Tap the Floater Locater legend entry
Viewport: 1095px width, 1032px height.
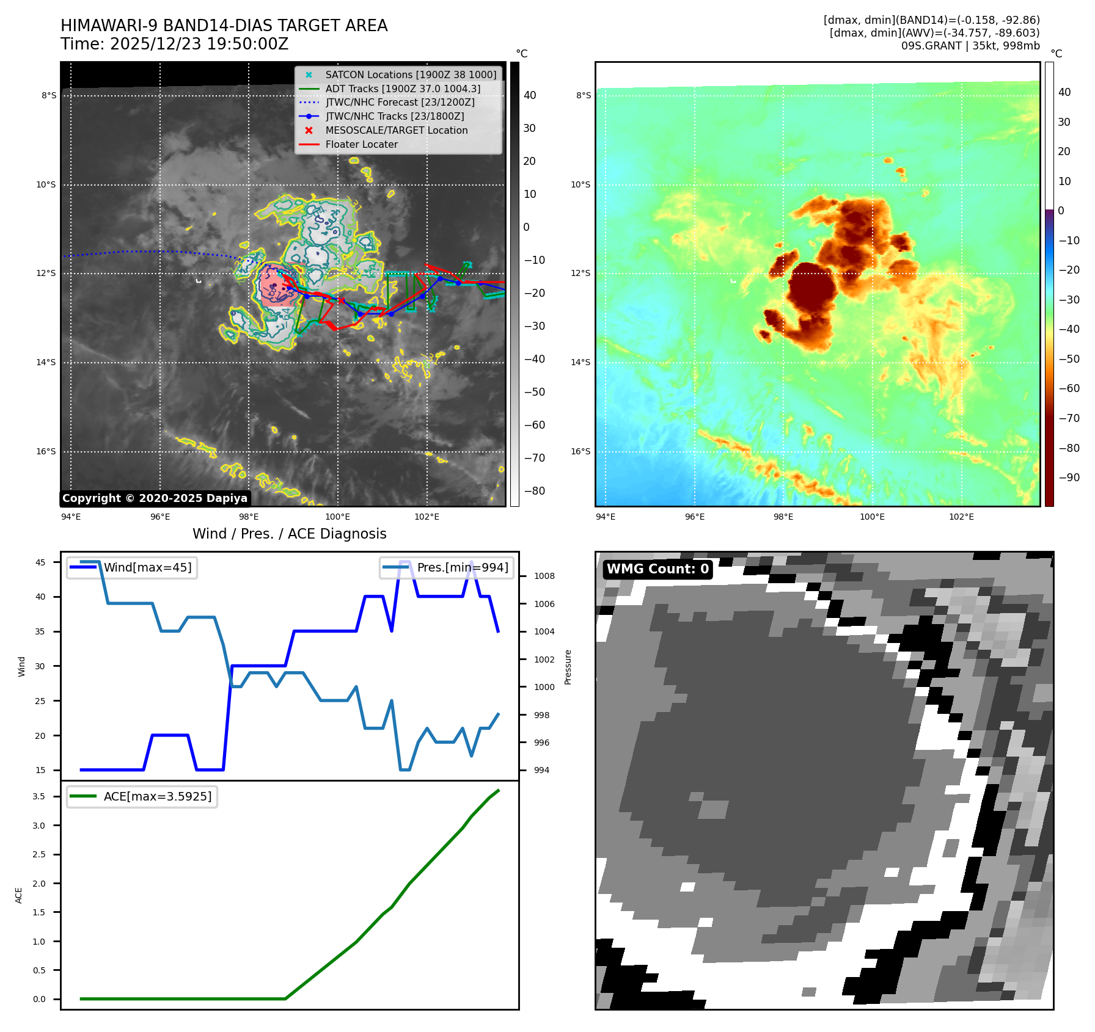pyautogui.click(x=361, y=144)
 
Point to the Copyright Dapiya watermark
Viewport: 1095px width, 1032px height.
pyautogui.click(x=155, y=498)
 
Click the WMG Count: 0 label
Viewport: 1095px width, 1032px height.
pyautogui.click(x=657, y=569)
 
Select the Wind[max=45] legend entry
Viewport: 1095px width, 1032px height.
pyautogui.click(x=147, y=567)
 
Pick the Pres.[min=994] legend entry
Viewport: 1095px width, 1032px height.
pyautogui.click(x=462, y=567)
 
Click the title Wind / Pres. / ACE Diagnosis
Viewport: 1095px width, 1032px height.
pyautogui.click(x=289, y=534)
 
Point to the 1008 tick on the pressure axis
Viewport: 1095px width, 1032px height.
pyautogui.click(x=544, y=576)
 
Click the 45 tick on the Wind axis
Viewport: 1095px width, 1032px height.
pyautogui.click(x=40, y=562)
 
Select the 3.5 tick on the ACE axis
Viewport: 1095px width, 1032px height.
pyautogui.click(x=39, y=796)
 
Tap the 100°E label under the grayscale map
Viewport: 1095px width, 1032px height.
pyautogui.click(x=337, y=517)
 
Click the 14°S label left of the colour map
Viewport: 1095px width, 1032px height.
pyautogui.click(x=580, y=362)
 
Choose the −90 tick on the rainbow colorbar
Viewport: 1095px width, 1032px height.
pyautogui.click(x=1069, y=478)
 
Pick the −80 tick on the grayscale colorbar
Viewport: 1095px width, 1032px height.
pyautogui.click(x=534, y=491)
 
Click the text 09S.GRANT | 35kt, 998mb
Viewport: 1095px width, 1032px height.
pyautogui.click(x=970, y=46)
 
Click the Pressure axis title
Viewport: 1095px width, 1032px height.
pyautogui.click(x=568, y=667)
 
